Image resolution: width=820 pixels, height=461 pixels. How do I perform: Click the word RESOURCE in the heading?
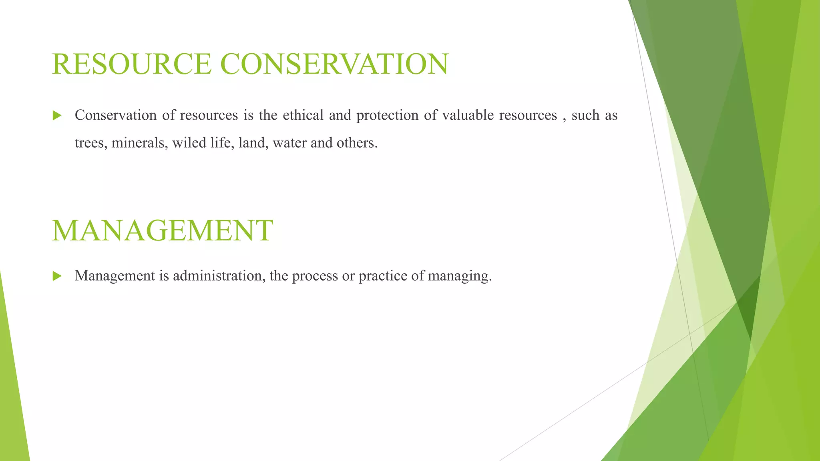click(132, 64)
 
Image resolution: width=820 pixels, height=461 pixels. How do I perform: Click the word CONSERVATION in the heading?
click(334, 64)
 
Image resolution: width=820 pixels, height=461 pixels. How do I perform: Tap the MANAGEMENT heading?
click(163, 231)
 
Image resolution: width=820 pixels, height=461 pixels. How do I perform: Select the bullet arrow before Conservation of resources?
click(57, 116)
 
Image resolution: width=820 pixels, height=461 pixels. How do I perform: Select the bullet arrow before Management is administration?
click(57, 276)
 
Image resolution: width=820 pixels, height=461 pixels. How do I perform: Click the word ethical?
click(303, 115)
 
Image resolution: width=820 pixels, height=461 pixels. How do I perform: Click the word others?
click(356, 143)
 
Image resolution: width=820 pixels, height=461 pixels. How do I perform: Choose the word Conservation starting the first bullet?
click(116, 115)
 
